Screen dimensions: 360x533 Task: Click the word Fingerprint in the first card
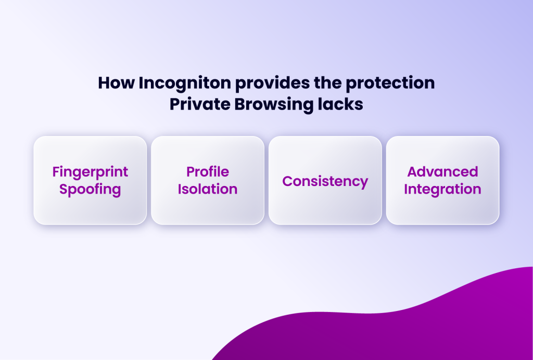(x=90, y=172)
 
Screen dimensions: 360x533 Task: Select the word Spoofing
(x=90, y=189)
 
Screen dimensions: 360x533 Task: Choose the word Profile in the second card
(x=208, y=172)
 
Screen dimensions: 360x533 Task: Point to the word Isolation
(x=208, y=189)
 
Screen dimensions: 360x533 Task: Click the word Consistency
(x=325, y=181)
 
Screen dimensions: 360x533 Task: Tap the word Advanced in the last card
(x=442, y=172)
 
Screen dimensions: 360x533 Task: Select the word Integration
(x=442, y=189)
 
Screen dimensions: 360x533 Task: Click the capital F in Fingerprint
(x=56, y=172)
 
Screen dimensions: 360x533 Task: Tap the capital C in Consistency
(x=287, y=181)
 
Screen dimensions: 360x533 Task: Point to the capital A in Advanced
(x=413, y=172)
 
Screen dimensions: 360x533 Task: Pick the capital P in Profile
(x=190, y=172)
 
